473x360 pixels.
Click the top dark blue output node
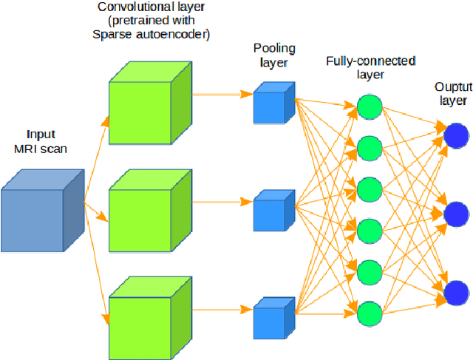click(456, 115)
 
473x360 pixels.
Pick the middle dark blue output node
click(456, 214)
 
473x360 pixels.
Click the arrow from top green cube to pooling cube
click(222, 94)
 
